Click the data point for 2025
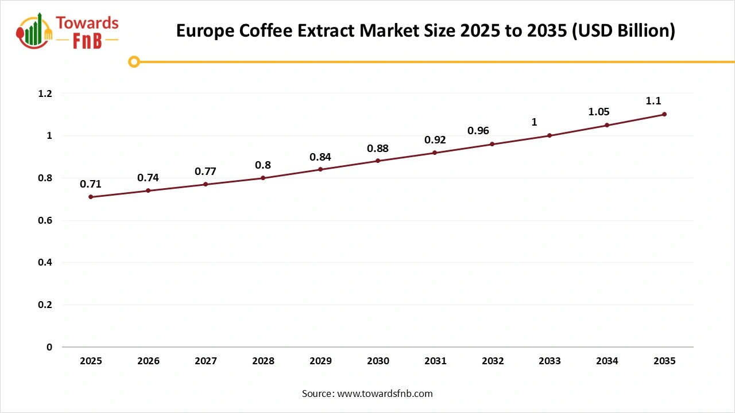click(91, 197)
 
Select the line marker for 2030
click(378, 161)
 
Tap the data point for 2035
click(664, 114)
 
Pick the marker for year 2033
click(550, 135)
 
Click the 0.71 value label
click(91, 184)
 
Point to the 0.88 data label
click(378, 149)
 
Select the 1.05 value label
click(599, 112)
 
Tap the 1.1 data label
click(653, 101)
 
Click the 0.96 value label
click(478, 131)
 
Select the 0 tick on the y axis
click(49, 347)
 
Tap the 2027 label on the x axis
click(206, 361)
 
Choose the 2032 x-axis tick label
click(493, 361)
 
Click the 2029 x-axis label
click(320, 361)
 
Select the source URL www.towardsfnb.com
click(385, 393)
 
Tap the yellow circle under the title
click(134, 61)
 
